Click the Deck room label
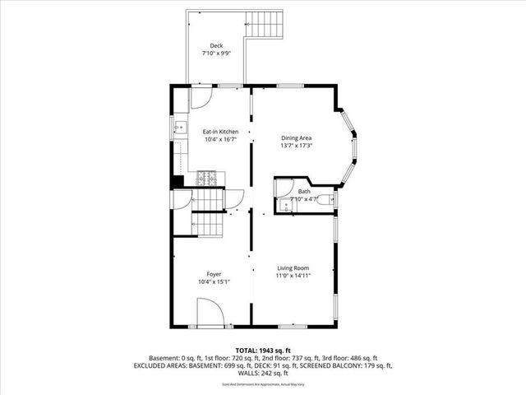[216, 45]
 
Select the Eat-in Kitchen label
[221, 132]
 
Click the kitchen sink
[178, 128]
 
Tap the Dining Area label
[297, 138]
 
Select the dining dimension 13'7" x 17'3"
[297, 146]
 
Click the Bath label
[304, 192]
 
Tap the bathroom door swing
[284, 186]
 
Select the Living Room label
[293, 268]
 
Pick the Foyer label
[214, 274]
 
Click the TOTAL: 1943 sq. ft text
[262, 351]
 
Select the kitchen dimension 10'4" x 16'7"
[221, 139]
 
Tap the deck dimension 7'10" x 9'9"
[216, 53]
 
